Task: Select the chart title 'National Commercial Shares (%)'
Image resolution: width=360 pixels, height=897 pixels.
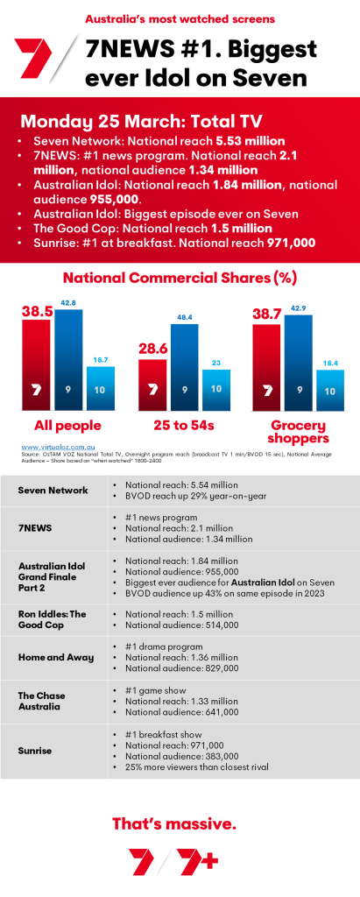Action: click(x=179, y=279)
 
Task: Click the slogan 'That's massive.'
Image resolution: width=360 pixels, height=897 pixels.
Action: click(x=173, y=823)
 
